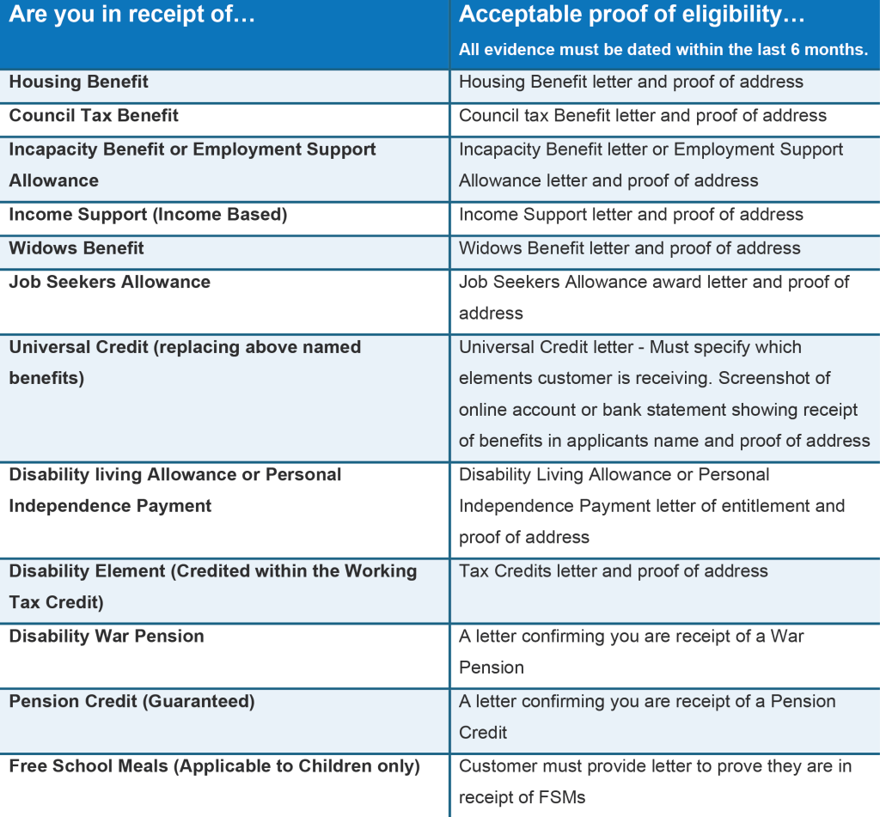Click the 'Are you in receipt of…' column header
pos(132,15)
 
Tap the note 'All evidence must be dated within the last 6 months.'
pos(663,50)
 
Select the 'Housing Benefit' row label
pos(78,82)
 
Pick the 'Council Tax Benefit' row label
pos(94,116)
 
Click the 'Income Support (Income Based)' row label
pos(148,215)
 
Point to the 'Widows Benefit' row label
pos(76,248)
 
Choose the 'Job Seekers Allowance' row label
pos(110,282)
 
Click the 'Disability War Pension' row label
pos(107,637)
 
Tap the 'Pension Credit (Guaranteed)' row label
pos(131,702)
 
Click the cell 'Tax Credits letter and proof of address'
pos(614,571)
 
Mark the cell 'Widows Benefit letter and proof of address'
pos(630,248)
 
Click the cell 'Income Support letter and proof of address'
pos(631,215)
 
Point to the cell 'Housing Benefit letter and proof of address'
pos(631,82)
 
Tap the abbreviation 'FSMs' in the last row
pos(559,798)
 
